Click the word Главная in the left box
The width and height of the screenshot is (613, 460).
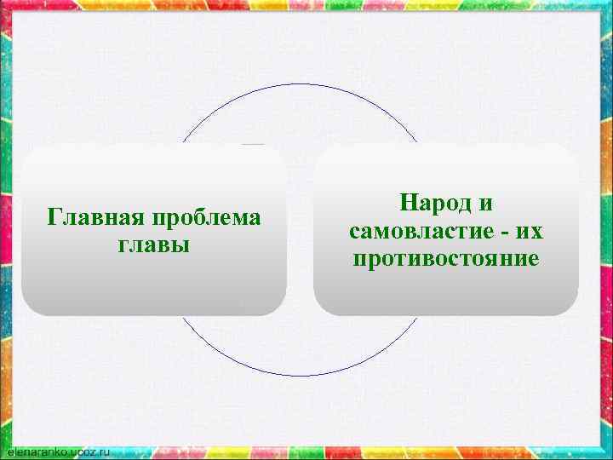pos(95,218)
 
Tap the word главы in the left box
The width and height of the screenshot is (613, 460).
pos(153,245)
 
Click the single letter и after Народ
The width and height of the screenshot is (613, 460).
pos(486,204)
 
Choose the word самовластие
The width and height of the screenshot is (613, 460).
pos(419,232)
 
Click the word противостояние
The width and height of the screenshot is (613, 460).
pos(445,258)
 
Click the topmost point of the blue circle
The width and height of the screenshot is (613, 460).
pos(299,84)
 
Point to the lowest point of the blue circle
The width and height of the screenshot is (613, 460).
pos(299,376)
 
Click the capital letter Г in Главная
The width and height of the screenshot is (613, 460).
pos(54,217)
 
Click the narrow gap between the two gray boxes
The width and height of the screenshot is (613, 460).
pos(300,230)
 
